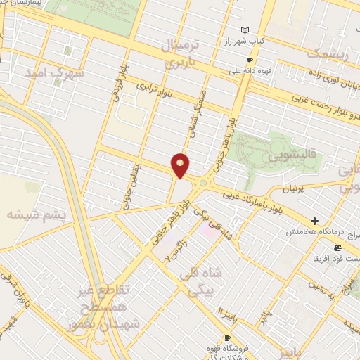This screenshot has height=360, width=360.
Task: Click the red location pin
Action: [x=181, y=165]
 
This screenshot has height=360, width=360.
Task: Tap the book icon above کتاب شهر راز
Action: [x=245, y=30]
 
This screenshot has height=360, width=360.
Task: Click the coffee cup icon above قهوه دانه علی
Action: [x=250, y=60]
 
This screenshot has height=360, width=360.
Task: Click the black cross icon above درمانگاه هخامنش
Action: [x=314, y=221]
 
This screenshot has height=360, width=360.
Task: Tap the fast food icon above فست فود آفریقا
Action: [x=338, y=247]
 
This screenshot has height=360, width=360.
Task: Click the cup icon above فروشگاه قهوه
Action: [x=226, y=338]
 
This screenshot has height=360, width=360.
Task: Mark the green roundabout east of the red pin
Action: [x=202, y=184]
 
